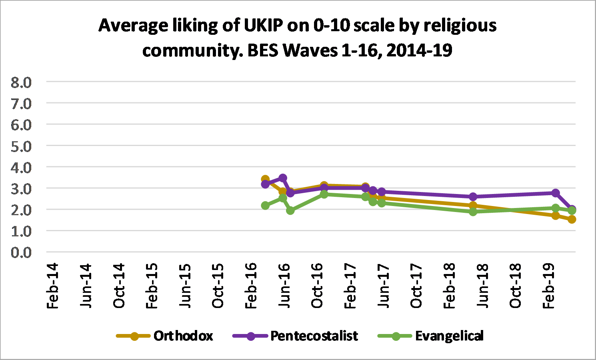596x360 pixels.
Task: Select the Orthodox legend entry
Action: [x=183, y=336]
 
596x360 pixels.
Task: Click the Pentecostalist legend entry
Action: [x=314, y=336]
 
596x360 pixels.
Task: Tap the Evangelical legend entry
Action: [x=449, y=336]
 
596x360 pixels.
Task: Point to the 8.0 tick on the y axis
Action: [x=21, y=82]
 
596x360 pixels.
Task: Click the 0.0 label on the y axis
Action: [x=21, y=252]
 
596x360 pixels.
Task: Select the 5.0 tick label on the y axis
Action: [x=21, y=146]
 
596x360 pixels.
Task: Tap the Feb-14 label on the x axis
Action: [x=53, y=286]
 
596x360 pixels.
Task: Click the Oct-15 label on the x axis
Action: [x=218, y=286]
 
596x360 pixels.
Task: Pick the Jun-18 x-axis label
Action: [x=483, y=286]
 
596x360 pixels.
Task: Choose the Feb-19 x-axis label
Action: [x=549, y=286]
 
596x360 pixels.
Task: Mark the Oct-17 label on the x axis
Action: [x=416, y=286]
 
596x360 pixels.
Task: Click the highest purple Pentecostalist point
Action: [x=283, y=178]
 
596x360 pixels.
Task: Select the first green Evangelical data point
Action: [x=265, y=206]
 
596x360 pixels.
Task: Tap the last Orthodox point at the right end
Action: [x=572, y=219]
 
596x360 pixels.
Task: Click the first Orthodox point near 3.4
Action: [x=265, y=179]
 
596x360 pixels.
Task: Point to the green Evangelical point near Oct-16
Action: [x=324, y=194]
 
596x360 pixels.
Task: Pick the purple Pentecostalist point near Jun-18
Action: [x=473, y=197]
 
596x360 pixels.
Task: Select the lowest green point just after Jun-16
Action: [x=290, y=210]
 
